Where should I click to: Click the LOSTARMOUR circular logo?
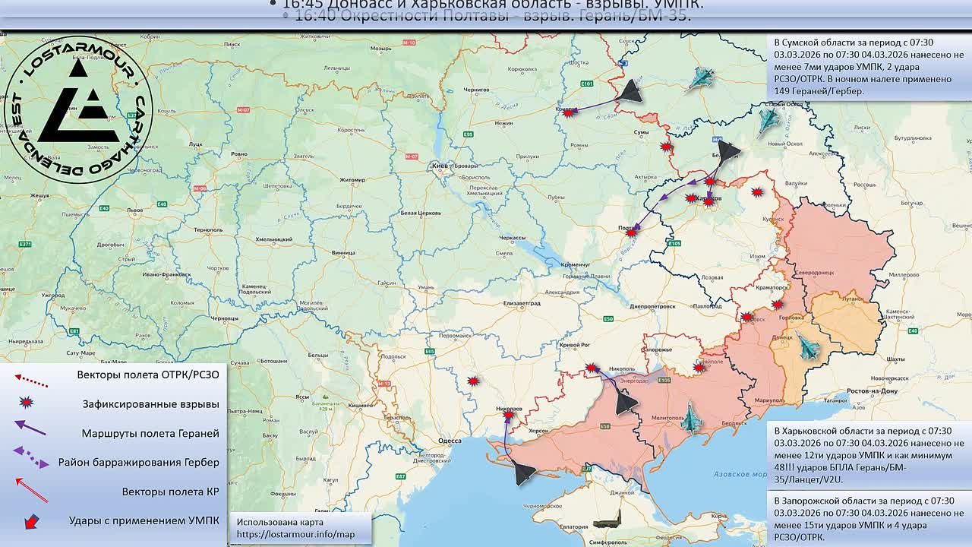[78, 109]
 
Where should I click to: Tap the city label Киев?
[439, 165]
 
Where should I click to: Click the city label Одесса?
[450, 440]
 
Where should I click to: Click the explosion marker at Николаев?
[508, 415]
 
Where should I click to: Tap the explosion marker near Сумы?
[666, 146]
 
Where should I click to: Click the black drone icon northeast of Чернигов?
[629, 92]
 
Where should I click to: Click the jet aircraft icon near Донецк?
[809, 347]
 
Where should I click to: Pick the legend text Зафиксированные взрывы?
[150, 404]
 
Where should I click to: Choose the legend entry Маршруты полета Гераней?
[150, 433]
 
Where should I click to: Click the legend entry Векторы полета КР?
[170, 492]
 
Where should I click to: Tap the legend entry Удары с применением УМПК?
[144, 520]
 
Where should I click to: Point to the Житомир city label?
[352, 180]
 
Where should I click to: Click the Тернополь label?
[208, 229]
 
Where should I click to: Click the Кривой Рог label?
[575, 345]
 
